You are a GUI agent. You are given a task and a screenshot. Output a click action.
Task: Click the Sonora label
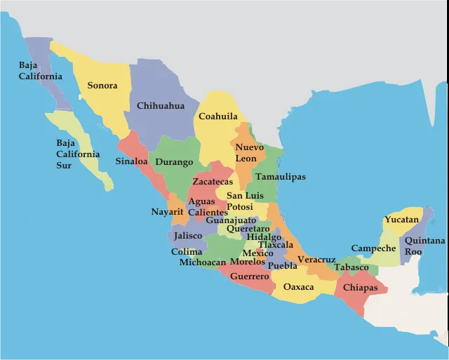point(102,86)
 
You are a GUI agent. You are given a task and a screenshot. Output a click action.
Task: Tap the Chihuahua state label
point(161,106)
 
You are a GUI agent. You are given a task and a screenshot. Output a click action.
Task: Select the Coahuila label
point(217,116)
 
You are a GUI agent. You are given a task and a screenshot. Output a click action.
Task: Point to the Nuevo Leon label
point(249,153)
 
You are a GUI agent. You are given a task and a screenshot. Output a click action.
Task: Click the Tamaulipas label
point(280,177)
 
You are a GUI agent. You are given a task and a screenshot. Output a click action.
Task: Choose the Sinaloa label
point(132,161)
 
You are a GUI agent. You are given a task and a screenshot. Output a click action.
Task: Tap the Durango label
point(174,162)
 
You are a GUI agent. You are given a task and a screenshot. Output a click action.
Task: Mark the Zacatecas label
point(213,182)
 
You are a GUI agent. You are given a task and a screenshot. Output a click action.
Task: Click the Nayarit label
point(167,212)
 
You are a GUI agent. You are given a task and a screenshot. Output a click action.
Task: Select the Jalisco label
point(187,236)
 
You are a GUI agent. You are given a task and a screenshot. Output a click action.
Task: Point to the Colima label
point(187,252)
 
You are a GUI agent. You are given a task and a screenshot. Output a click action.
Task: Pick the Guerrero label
point(249,277)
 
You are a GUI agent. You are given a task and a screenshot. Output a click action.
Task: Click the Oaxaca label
point(298,287)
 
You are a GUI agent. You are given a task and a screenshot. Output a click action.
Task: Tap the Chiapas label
point(361,288)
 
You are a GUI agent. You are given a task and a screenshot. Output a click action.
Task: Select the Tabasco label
point(351,267)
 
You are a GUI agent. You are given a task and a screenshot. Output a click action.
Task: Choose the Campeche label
point(373,248)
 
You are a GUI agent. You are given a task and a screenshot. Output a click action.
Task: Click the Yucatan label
point(401,220)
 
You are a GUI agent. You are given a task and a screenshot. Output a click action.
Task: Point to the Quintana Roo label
point(424,246)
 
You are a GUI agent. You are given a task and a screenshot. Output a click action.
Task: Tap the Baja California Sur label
point(78,154)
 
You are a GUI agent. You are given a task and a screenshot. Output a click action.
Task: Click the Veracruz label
point(316,260)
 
